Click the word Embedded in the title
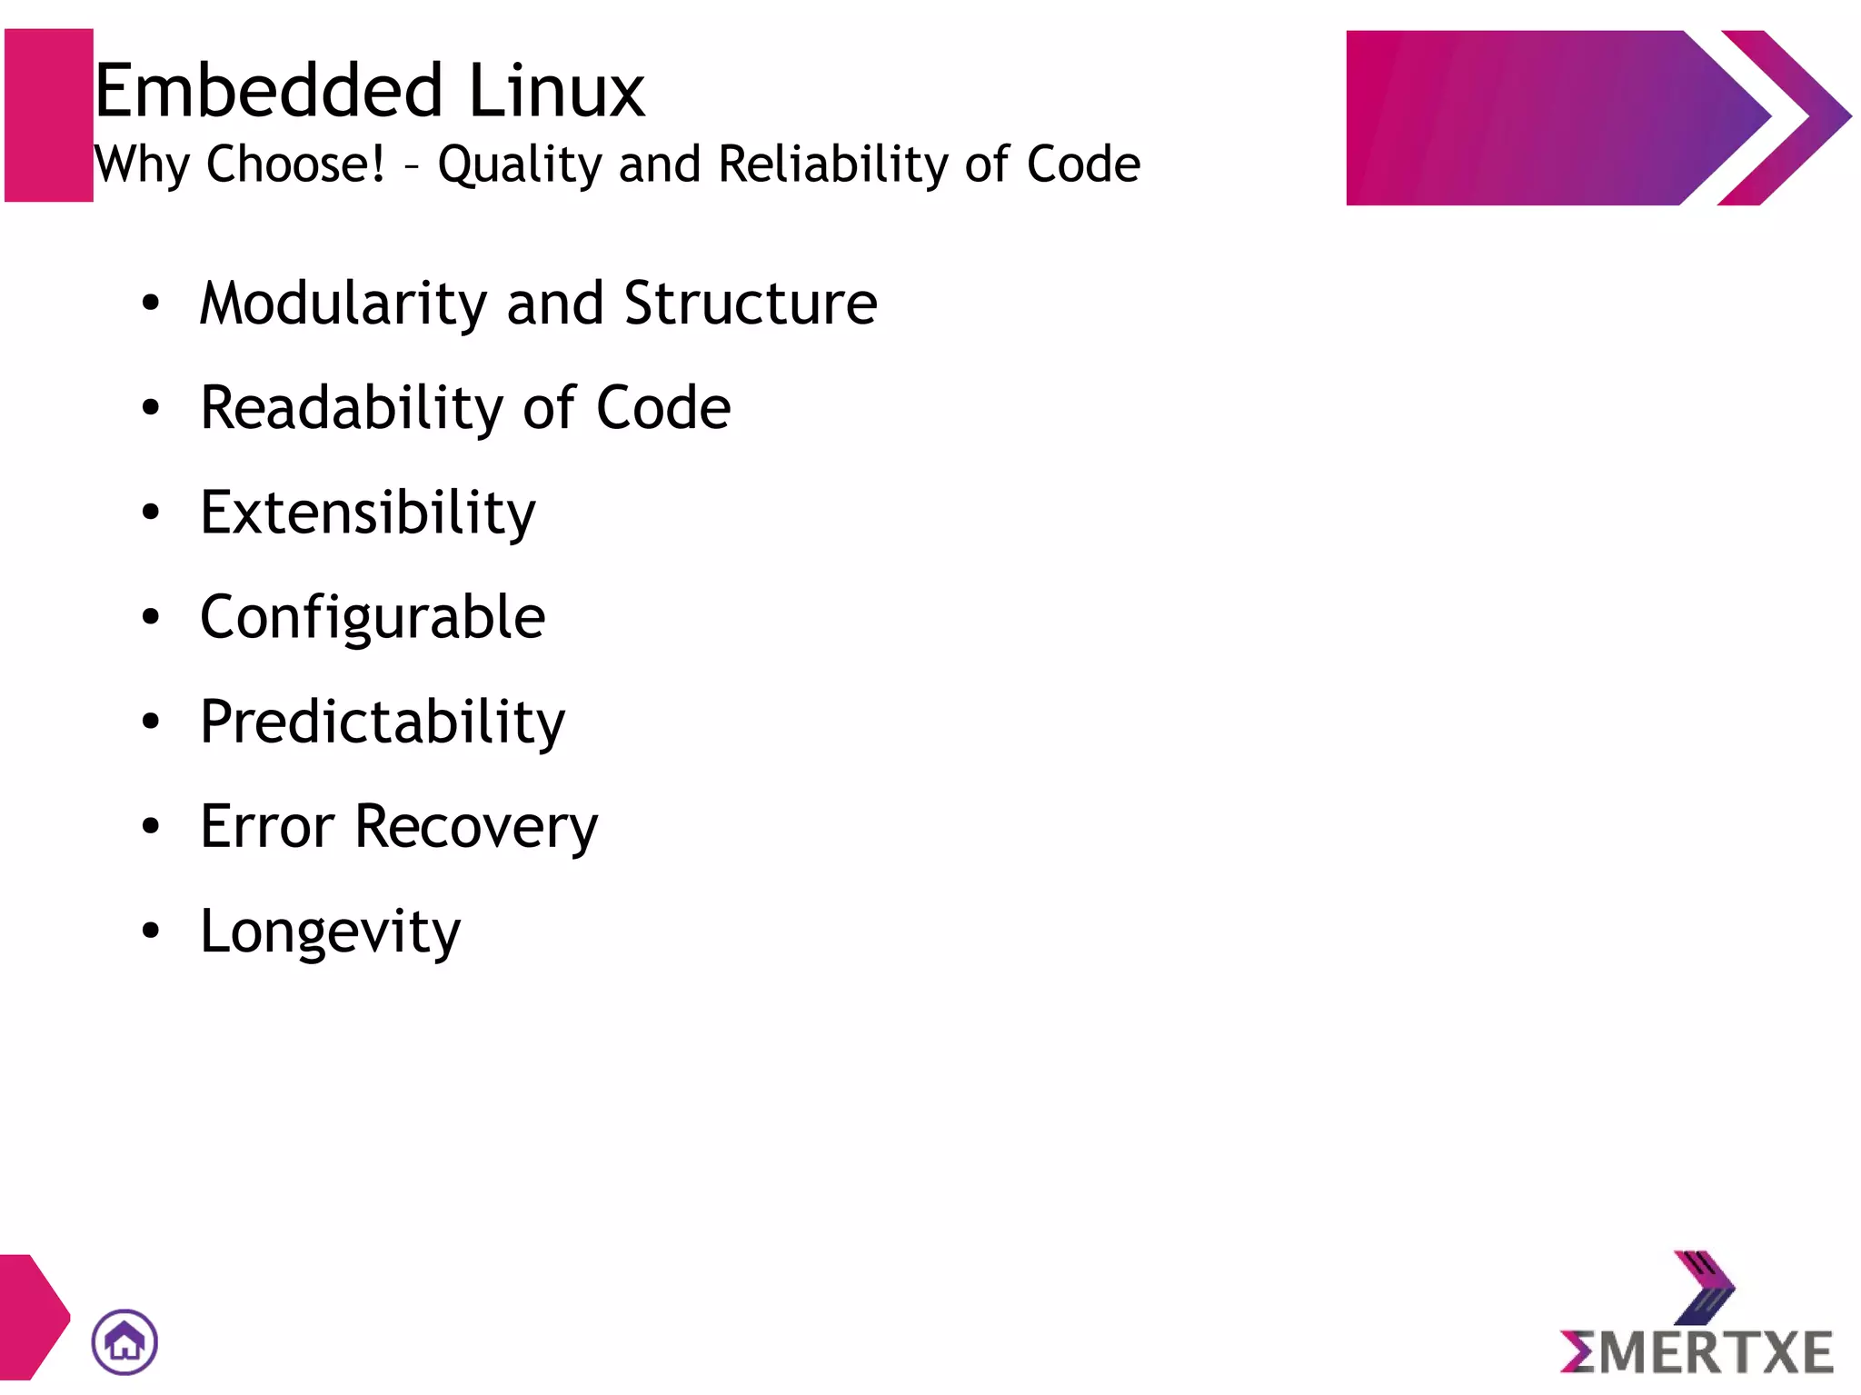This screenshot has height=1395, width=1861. (x=268, y=91)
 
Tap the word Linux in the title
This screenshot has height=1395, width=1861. (x=556, y=91)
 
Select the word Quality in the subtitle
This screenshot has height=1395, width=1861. (x=519, y=165)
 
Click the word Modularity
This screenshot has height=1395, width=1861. (x=343, y=304)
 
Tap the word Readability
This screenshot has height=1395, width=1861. (x=351, y=409)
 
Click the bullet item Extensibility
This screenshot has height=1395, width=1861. (x=368, y=513)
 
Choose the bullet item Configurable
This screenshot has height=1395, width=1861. (x=373, y=618)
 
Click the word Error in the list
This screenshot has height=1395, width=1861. (x=267, y=827)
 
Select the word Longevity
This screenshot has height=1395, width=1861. (x=331, y=932)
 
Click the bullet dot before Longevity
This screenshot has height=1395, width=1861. (x=151, y=931)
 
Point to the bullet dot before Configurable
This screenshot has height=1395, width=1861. (x=151, y=617)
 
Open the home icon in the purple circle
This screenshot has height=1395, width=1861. (x=124, y=1341)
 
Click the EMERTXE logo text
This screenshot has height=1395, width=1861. (x=1697, y=1352)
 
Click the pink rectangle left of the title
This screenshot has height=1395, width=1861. (x=49, y=115)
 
